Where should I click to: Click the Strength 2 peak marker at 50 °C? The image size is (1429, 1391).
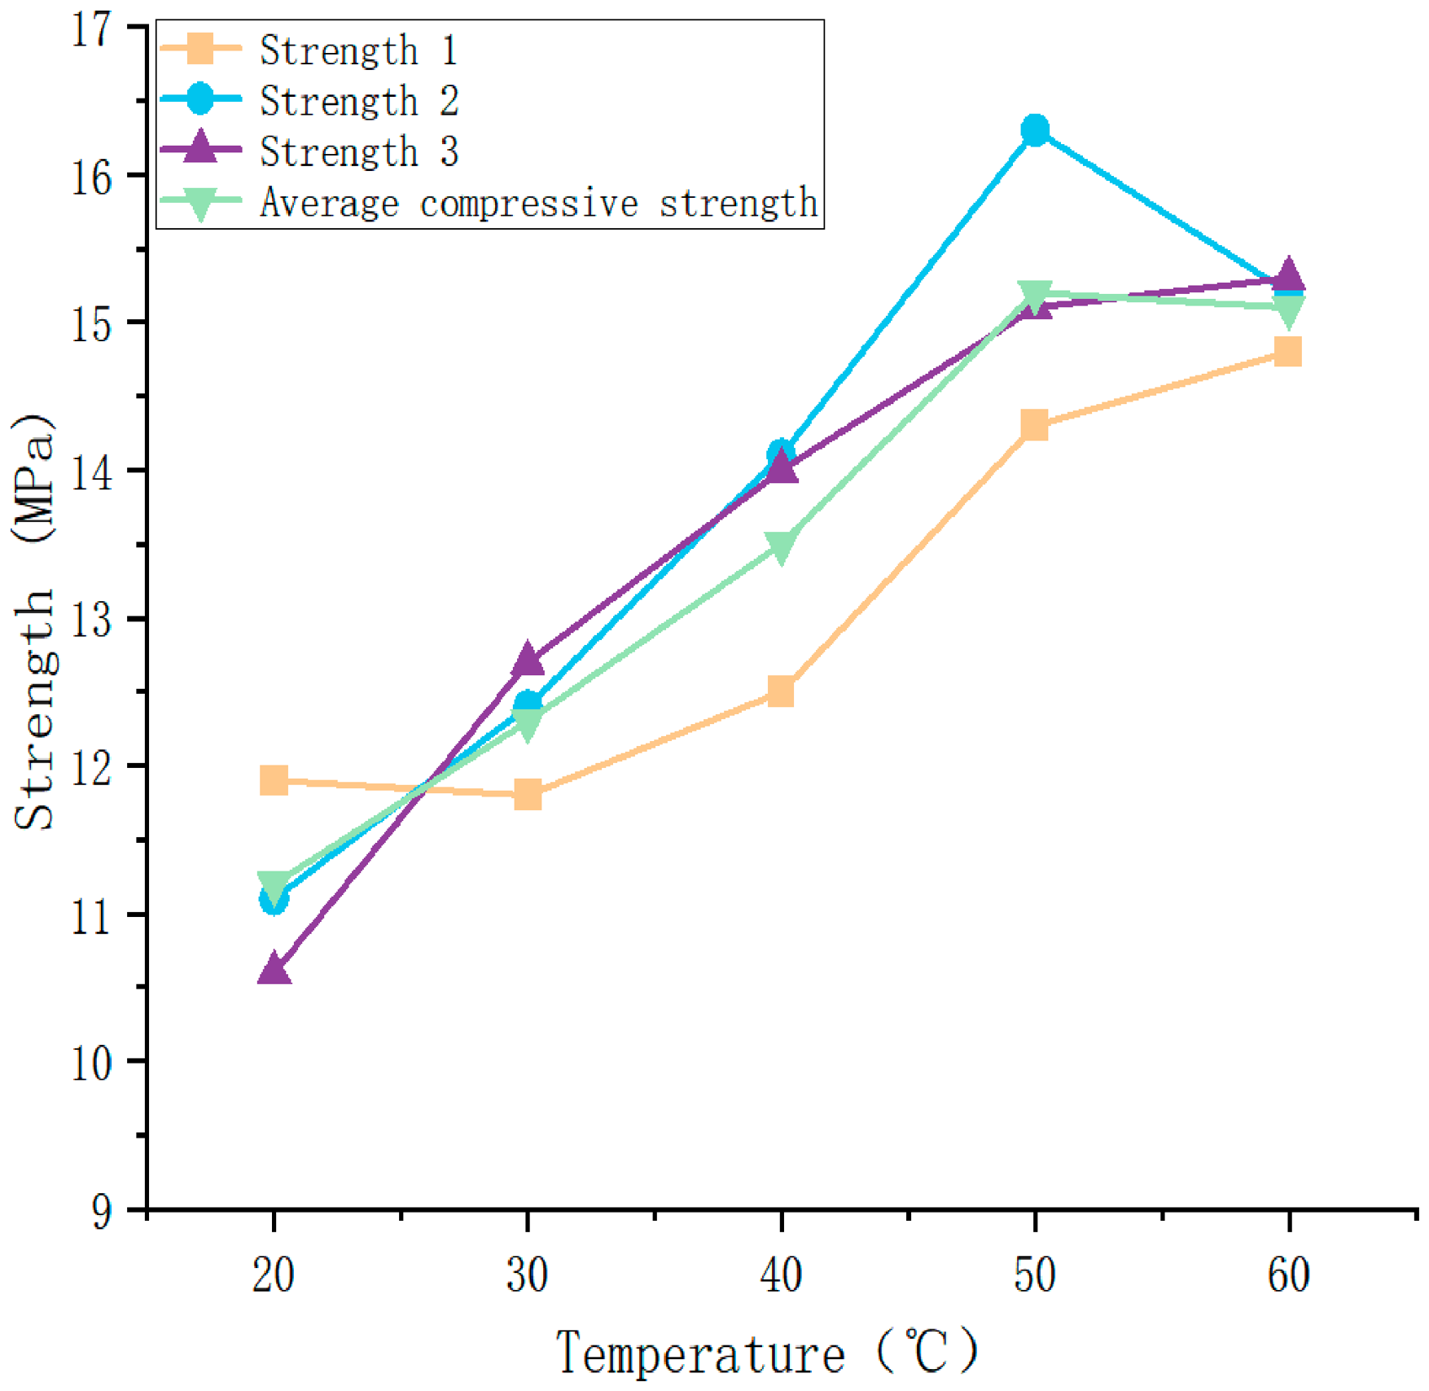pyautogui.click(x=1035, y=130)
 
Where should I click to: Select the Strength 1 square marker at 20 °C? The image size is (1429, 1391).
pyautogui.click(x=274, y=780)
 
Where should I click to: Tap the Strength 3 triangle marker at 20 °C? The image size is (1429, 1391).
pyautogui.click(x=274, y=968)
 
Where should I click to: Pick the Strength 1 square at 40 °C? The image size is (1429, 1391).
pyautogui.click(x=781, y=691)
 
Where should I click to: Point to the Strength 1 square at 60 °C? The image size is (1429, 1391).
pyautogui.click(x=1288, y=352)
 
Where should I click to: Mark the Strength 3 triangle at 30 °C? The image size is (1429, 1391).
pyautogui.click(x=528, y=658)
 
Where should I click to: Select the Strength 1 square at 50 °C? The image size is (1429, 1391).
pyautogui.click(x=1035, y=425)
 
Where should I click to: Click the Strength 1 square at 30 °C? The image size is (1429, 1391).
pyautogui.click(x=528, y=794)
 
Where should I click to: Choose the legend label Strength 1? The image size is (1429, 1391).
pyautogui.click(x=359, y=50)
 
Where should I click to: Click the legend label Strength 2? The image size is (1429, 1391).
pyautogui.click(x=359, y=101)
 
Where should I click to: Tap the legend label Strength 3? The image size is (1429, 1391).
pyautogui.click(x=359, y=151)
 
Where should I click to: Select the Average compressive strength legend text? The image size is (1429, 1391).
pyautogui.click(x=539, y=203)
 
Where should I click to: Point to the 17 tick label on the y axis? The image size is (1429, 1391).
pyautogui.click(x=92, y=31)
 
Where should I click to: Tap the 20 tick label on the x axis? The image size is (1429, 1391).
pyautogui.click(x=274, y=1275)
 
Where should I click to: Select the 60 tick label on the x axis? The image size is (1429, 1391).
pyautogui.click(x=1289, y=1275)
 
